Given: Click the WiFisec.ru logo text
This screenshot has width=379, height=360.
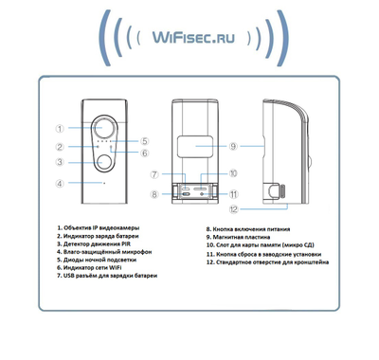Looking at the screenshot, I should [189, 37].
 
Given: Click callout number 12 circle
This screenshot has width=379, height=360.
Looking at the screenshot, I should [233, 207].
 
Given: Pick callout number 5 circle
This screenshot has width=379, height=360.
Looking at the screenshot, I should [145, 141].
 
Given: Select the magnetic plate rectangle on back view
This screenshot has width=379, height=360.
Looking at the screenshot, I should [193, 148].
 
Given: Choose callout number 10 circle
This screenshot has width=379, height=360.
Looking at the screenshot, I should [232, 173].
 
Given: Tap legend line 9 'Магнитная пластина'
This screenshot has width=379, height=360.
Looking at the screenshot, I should [242, 238].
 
